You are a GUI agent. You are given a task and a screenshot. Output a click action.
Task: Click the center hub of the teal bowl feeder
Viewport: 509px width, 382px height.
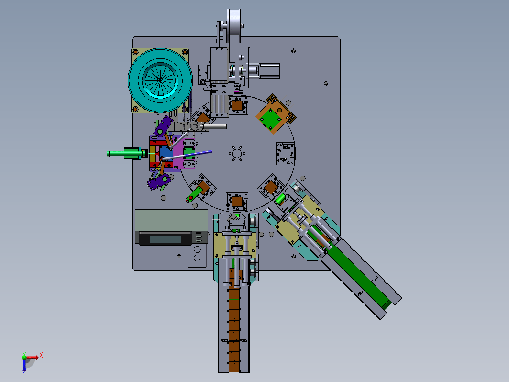pos(160,80)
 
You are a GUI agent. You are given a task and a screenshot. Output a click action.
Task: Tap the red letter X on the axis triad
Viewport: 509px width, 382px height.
pos(41,355)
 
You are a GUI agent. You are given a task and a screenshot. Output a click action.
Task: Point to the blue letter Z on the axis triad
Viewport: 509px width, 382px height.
pos(24,372)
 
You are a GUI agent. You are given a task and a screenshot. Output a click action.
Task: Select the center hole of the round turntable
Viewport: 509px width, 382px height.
pos(237,153)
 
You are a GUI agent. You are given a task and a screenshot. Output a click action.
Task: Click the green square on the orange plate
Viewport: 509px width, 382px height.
pos(270,119)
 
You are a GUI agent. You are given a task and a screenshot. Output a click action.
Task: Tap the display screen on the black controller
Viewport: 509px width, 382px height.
pos(165,240)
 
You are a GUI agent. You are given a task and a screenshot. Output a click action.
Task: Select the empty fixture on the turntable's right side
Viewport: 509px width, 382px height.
pos(285,153)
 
